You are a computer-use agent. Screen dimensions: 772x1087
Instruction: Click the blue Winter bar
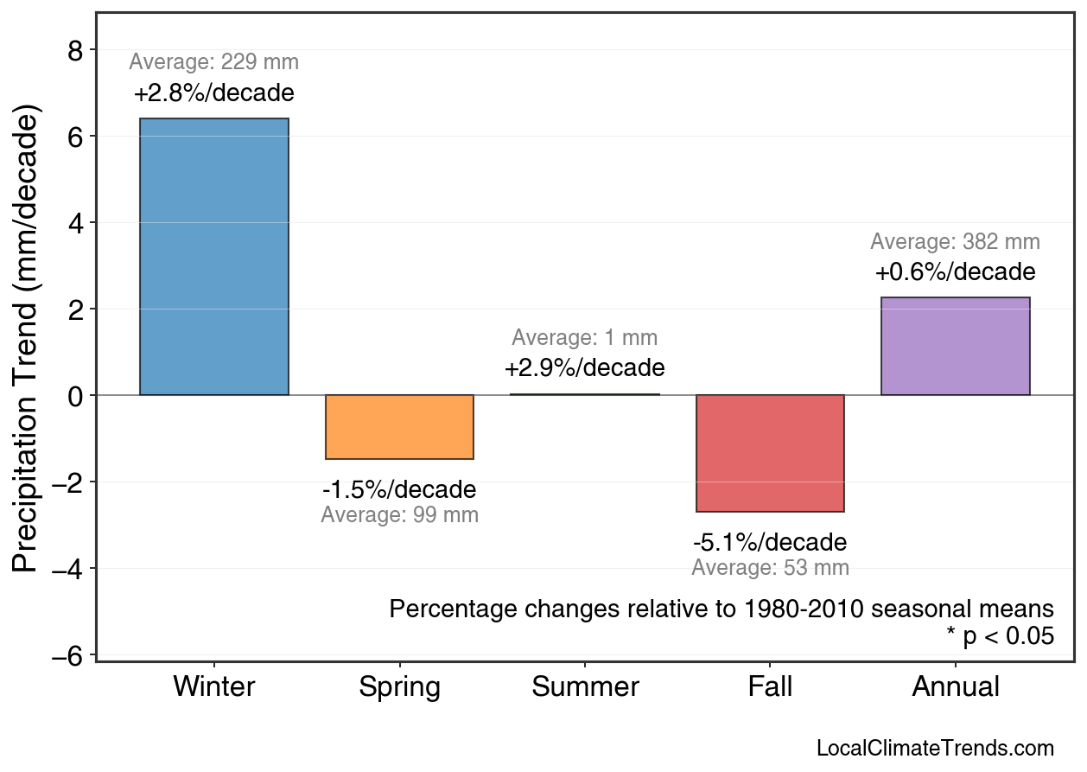[x=214, y=257]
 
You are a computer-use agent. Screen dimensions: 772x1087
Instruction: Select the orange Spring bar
[x=399, y=427]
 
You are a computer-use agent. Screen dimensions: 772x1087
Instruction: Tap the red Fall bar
[x=770, y=453]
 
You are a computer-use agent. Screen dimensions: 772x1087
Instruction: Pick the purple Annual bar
[x=955, y=347]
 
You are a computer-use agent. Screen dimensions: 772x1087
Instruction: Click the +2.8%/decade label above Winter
[x=214, y=93]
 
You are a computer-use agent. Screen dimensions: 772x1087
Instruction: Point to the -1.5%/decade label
[x=399, y=490]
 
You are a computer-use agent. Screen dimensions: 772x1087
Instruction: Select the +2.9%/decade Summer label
[x=585, y=368]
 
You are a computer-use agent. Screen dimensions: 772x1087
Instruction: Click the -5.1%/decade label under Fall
[x=770, y=543]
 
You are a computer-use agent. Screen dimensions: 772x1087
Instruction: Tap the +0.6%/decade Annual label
[x=955, y=272]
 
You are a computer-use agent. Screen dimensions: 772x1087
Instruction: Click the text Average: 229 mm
[x=214, y=62]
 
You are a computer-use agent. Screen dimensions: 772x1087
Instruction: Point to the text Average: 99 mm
[x=399, y=515]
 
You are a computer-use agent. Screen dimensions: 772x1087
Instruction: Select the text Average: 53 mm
[x=770, y=568]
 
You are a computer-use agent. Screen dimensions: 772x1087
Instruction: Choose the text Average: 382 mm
[x=955, y=242]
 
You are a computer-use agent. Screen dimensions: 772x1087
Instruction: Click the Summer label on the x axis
[x=585, y=687]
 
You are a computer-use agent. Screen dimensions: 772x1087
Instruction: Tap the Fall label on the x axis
[x=770, y=687]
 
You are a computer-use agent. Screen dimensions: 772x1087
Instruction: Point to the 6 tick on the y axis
[x=75, y=137]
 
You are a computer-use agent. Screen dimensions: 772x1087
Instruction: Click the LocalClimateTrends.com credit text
[x=935, y=748]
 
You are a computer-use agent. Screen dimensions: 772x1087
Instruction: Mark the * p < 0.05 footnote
[x=1000, y=636]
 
